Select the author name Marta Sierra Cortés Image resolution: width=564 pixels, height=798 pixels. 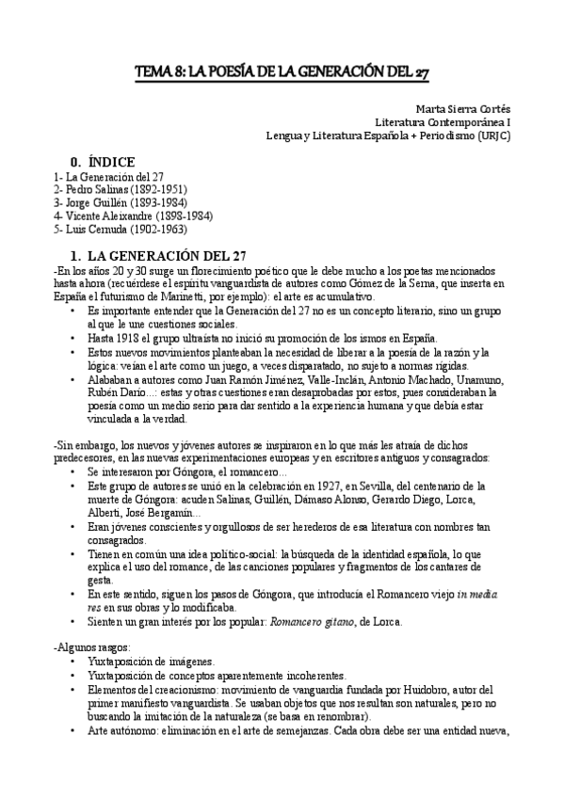pos(460,108)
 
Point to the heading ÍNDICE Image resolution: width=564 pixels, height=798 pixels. pos(105,161)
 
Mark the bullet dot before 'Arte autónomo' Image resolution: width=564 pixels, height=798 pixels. pos(74,730)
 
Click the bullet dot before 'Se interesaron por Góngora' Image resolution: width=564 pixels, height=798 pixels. pos(74,471)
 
